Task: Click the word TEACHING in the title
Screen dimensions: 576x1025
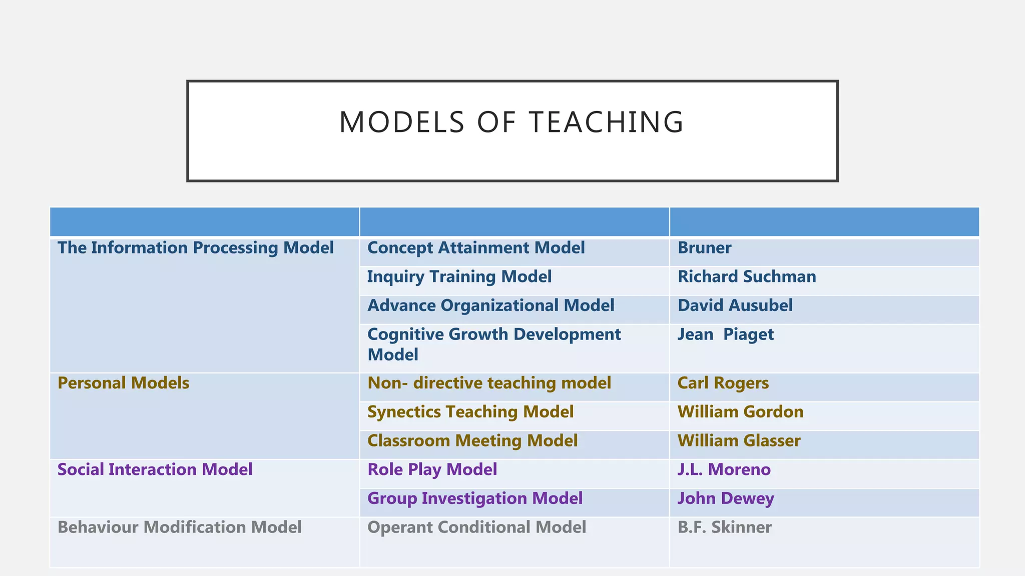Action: (x=606, y=122)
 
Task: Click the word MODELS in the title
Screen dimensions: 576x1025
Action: (x=402, y=122)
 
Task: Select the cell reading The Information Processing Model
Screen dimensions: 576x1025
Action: (x=196, y=248)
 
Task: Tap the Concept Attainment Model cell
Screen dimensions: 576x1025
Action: (x=476, y=248)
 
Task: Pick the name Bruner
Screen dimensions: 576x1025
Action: (x=704, y=248)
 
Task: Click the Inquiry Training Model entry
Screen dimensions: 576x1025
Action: (x=459, y=277)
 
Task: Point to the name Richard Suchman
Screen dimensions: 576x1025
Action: (x=746, y=277)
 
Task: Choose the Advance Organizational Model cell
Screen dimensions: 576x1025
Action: (x=490, y=305)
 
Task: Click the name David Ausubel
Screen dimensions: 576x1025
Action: (x=735, y=305)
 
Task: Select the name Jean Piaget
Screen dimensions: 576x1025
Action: (x=725, y=334)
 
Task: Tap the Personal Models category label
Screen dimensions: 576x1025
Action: (x=124, y=383)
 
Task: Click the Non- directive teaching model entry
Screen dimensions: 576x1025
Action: (x=489, y=383)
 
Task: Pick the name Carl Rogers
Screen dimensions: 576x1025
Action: (x=723, y=383)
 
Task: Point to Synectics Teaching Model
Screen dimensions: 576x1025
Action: (x=470, y=412)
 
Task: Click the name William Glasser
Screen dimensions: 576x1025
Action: (x=739, y=441)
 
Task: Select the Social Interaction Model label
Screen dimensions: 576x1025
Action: (x=155, y=470)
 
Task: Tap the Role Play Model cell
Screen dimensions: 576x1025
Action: (x=432, y=470)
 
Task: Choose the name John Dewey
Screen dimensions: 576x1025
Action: (x=725, y=498)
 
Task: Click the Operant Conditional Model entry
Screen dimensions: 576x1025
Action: (x=476, y=527)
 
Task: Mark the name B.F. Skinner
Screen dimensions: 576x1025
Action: (x=724, y=527)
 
